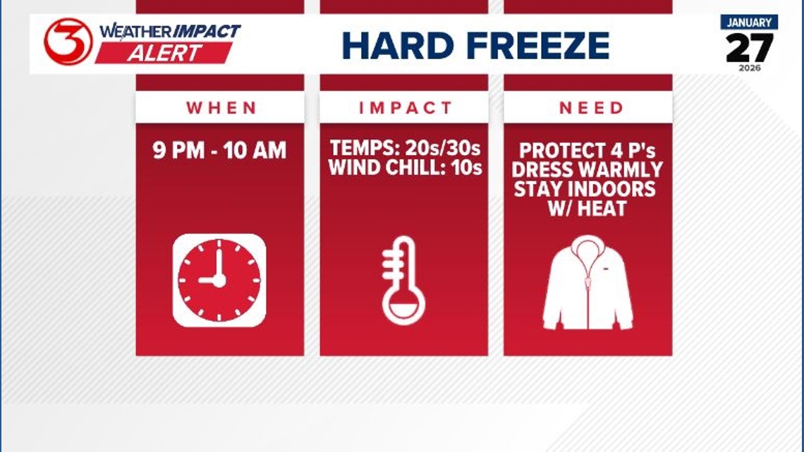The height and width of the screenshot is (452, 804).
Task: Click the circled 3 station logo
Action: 68,42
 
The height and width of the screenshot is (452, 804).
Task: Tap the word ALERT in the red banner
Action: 164,53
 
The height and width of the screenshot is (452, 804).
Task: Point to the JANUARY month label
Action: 749,23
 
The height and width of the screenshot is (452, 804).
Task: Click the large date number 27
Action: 749,48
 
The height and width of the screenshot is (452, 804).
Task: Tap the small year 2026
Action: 749,68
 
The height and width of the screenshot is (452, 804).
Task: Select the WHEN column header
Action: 221,108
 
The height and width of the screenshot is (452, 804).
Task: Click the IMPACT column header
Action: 405,108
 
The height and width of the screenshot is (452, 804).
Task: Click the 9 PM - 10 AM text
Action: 220,150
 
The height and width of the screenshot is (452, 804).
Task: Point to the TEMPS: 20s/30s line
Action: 405,149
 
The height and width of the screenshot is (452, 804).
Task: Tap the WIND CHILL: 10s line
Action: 405,169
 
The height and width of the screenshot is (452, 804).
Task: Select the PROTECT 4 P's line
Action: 588,151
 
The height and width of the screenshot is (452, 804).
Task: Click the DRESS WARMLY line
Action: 588,170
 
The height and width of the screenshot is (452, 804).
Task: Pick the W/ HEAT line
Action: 588,209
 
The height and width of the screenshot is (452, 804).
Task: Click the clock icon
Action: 219,280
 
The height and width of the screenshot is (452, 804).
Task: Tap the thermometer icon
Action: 403,280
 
